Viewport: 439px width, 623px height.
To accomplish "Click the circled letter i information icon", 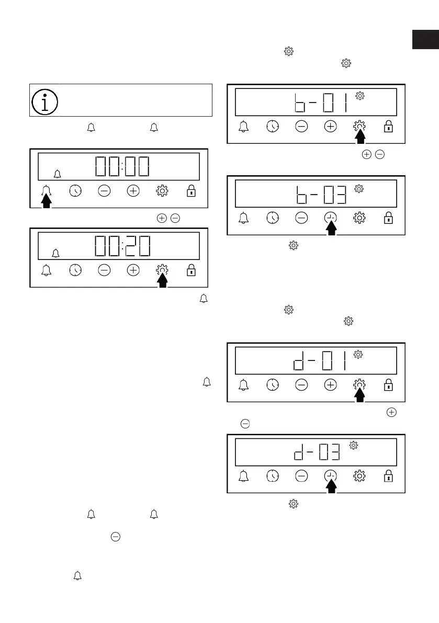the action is [46, 100].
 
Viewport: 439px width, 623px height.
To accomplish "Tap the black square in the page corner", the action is [425, 40].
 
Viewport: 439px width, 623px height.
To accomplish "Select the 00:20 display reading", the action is [122, 245].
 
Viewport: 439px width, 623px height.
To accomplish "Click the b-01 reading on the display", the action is [319, 102].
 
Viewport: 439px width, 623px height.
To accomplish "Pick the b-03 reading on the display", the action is [319, 194].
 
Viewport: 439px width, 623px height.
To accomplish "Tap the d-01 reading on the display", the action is [319, 361].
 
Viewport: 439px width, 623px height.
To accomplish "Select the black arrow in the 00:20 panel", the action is [163, 280].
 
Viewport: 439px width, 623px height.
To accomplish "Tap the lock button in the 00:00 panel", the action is [192, 191].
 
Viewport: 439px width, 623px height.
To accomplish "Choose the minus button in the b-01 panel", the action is [301, 126].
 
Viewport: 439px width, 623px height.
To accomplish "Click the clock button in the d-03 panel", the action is [272, 476].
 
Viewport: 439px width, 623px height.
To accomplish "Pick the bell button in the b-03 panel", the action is [243, 218].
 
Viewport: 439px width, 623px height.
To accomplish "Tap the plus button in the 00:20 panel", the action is [133, 270].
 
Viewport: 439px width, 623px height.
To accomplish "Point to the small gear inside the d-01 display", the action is [358, 355].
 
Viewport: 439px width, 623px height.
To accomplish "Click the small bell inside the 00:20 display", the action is [56, 254].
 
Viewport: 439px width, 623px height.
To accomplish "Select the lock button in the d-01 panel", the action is [388, 385].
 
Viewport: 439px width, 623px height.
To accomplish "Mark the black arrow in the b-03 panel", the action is [331, 229].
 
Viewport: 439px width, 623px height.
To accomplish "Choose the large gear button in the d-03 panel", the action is [359, 476].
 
